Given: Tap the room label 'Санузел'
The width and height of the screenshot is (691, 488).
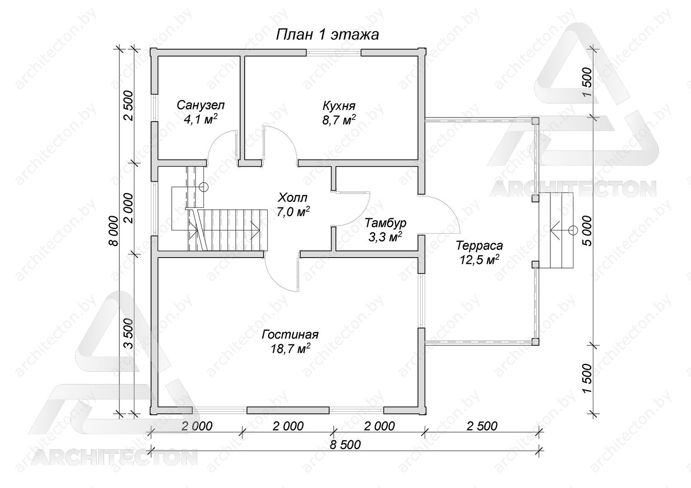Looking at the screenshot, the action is pos(200,105).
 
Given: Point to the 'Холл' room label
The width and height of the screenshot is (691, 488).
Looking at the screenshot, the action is pos(293,197).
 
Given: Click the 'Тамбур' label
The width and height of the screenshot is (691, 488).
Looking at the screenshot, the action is pos(385,223).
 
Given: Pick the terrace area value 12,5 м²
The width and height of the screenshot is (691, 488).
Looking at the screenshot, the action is pos(479,260).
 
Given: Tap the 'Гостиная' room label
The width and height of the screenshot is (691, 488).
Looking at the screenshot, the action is pos(290,334).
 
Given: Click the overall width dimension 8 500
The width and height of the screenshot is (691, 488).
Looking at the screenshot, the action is pos(345,445).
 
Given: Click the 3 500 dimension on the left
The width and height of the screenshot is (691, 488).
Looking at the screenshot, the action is pos(129,333).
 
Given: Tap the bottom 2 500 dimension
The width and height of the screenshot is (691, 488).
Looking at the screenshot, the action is pos(482,426).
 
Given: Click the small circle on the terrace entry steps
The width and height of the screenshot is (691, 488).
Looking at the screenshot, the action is pos(573,230).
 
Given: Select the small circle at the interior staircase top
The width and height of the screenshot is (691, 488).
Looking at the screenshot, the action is pos(204,187).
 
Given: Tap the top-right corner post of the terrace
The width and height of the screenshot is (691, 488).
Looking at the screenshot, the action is pos(535,121).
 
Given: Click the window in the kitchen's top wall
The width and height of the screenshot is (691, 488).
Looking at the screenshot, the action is pos(333,52).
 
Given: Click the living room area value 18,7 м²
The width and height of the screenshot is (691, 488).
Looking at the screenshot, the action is pos(290,348).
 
